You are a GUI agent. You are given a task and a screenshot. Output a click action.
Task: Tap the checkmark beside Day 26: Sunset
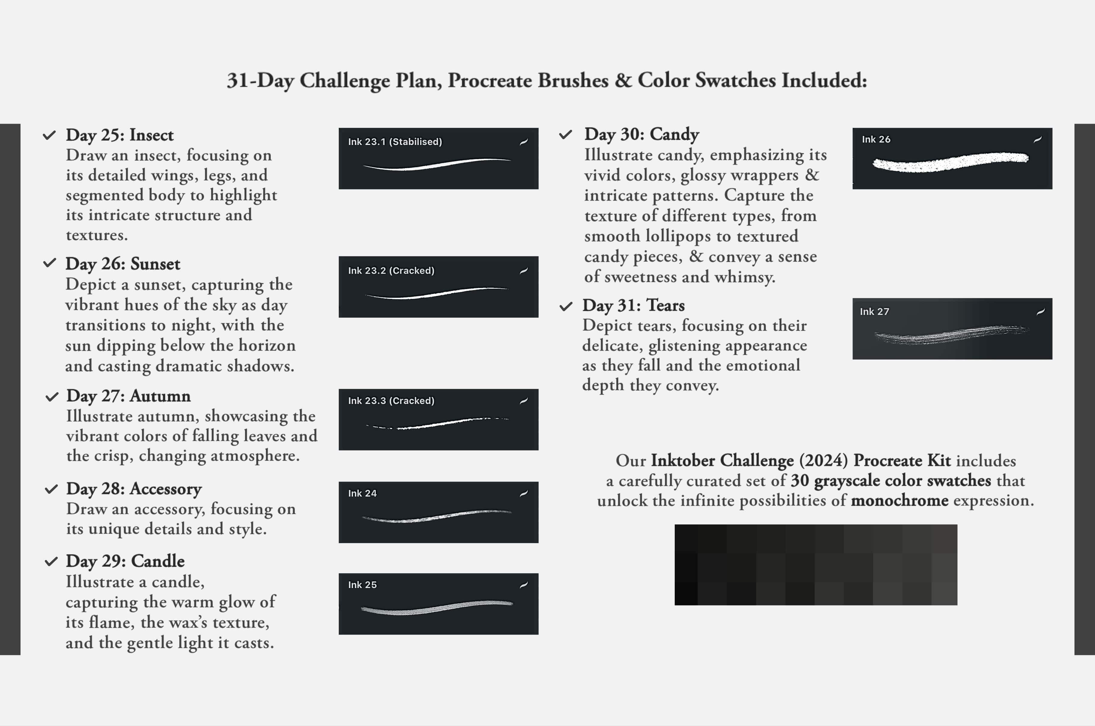pos(50,263)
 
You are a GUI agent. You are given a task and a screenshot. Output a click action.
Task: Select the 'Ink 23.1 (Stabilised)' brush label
pos(395,142)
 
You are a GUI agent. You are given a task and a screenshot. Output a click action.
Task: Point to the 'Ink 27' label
pos(874,312)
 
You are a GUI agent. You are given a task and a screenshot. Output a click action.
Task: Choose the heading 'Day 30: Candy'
pos(641,134)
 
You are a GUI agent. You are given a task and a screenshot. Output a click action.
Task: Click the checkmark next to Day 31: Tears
pos(566,306)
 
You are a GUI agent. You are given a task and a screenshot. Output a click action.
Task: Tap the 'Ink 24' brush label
pos(362,494)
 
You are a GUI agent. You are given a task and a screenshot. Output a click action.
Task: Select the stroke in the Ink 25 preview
pos(436,607)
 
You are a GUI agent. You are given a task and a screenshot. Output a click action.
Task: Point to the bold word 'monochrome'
pos(899,500)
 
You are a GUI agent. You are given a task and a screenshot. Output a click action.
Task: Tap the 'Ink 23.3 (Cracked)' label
pos(391,401)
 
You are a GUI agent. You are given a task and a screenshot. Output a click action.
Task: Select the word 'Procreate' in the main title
pos(489,81)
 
